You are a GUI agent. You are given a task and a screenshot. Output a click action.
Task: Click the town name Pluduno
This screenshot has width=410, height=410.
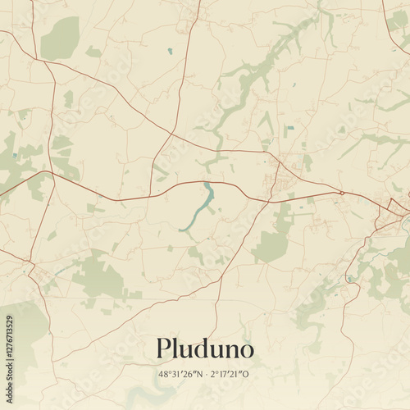(x=205, y=350)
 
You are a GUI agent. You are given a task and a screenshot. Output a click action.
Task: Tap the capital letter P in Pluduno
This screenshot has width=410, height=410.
(x=164, y=348)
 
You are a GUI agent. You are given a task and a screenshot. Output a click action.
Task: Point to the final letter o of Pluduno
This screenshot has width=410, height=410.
(x=246, y=351)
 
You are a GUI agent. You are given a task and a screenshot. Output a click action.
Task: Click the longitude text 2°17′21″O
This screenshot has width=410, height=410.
(x=230, y=375)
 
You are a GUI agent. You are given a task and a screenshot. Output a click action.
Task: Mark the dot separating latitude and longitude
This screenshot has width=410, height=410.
(x=205, y=375)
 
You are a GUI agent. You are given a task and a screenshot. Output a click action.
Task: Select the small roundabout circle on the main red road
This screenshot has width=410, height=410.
(x=341, y=193)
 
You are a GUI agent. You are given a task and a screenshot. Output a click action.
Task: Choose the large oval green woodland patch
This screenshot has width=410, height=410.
(x=59, y=39)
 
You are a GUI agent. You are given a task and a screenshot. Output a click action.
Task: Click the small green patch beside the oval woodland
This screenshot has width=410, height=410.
(x=93, y=52)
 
